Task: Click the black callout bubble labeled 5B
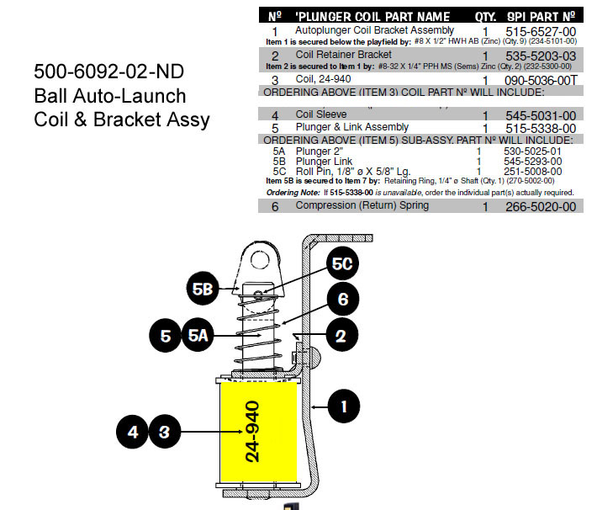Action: coord(201,288)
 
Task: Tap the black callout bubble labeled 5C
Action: coord(341,264)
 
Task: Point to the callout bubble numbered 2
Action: coord(340,337)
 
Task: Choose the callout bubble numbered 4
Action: coord(133,433)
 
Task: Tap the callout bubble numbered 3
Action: coord(165,433)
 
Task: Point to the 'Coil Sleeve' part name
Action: coord(321,114)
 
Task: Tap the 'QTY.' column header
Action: coord(486,16)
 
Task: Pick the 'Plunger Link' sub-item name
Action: coord(325,161)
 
